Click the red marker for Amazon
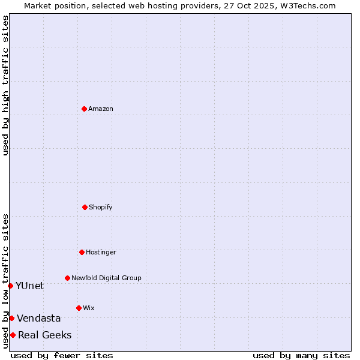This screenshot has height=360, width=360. (84, 109)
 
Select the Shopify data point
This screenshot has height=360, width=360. (85, 207)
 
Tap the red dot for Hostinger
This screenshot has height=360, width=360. (82, 252)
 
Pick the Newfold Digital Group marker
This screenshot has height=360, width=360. (67, 278)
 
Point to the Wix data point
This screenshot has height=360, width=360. (79, 308)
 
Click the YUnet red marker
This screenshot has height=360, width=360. (11, 286)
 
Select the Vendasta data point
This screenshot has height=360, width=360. (12, 318)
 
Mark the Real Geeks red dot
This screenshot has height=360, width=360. (13, 335)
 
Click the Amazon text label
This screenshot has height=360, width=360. (101, 109)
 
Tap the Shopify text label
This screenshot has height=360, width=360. (101, 207)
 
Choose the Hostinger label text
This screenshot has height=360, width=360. (101, 252)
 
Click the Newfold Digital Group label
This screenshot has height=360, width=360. (106, 278)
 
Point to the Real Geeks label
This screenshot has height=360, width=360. (45, 335)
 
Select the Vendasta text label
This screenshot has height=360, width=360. (39, 318)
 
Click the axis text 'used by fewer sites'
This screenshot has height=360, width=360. (62, 355)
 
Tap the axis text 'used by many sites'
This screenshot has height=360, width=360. (301, 355)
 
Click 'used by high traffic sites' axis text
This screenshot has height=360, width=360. (5, 85)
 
